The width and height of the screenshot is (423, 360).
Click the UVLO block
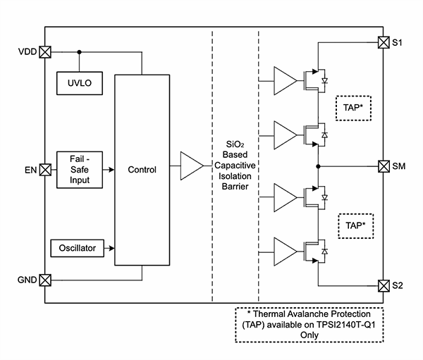(x=80, y=83)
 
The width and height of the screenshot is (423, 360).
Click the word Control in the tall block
(x=142, y=170)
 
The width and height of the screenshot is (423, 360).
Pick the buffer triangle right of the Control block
(x=190, y=166)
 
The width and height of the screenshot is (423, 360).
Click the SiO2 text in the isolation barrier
(x=235, y=142)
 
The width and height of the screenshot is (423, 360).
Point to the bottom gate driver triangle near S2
(x=284, y=250)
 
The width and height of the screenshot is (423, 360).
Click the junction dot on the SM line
(x=319, y=167)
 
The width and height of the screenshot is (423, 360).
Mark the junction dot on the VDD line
(x=79, y=51)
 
